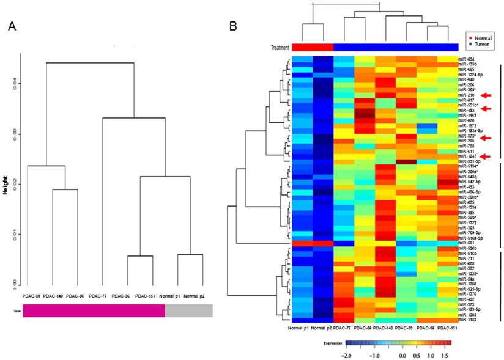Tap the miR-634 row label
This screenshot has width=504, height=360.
point(466,59)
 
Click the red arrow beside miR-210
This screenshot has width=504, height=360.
point(486,95)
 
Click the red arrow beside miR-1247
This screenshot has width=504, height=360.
point(486,156)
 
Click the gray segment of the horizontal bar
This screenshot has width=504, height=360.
point(188,310)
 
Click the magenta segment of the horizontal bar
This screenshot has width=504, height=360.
point(94,310)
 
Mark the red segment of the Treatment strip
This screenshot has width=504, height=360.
point(313,48)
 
